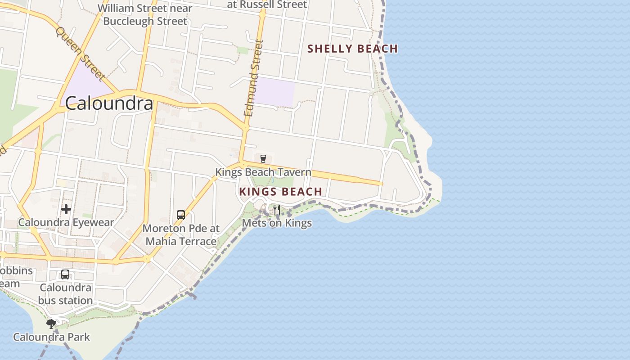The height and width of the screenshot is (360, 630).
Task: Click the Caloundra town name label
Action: tap(109, 103)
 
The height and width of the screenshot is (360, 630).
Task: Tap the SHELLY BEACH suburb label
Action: tap(352, 49)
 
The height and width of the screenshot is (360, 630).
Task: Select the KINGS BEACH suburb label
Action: tap(280, 192)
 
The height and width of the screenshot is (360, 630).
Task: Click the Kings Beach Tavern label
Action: tap(263, 172)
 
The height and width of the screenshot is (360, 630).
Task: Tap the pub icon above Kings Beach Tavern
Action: tap(263, 158)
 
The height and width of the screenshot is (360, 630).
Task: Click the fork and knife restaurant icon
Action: tap(276, 209)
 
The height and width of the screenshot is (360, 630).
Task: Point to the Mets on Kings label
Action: tap(277, 223)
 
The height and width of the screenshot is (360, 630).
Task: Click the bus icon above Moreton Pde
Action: tap(181, 215)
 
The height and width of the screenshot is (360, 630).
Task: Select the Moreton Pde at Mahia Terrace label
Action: tap(181, 234)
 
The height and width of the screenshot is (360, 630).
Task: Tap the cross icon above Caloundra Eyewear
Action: tap(66, 209)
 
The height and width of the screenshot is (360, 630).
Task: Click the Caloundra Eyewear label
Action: tap(66, 222)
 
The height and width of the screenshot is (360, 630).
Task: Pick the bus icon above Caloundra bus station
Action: tap(65, 274)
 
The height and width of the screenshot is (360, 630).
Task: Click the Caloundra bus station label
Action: tap(65, 294)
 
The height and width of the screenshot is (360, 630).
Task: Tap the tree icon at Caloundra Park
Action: tap(51, 324)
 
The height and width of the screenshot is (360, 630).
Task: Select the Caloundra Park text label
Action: tap(51, 337)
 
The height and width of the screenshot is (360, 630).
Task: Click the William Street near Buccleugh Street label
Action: tap(145, 14)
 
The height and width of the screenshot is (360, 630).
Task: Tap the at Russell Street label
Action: tap(267, 4)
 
